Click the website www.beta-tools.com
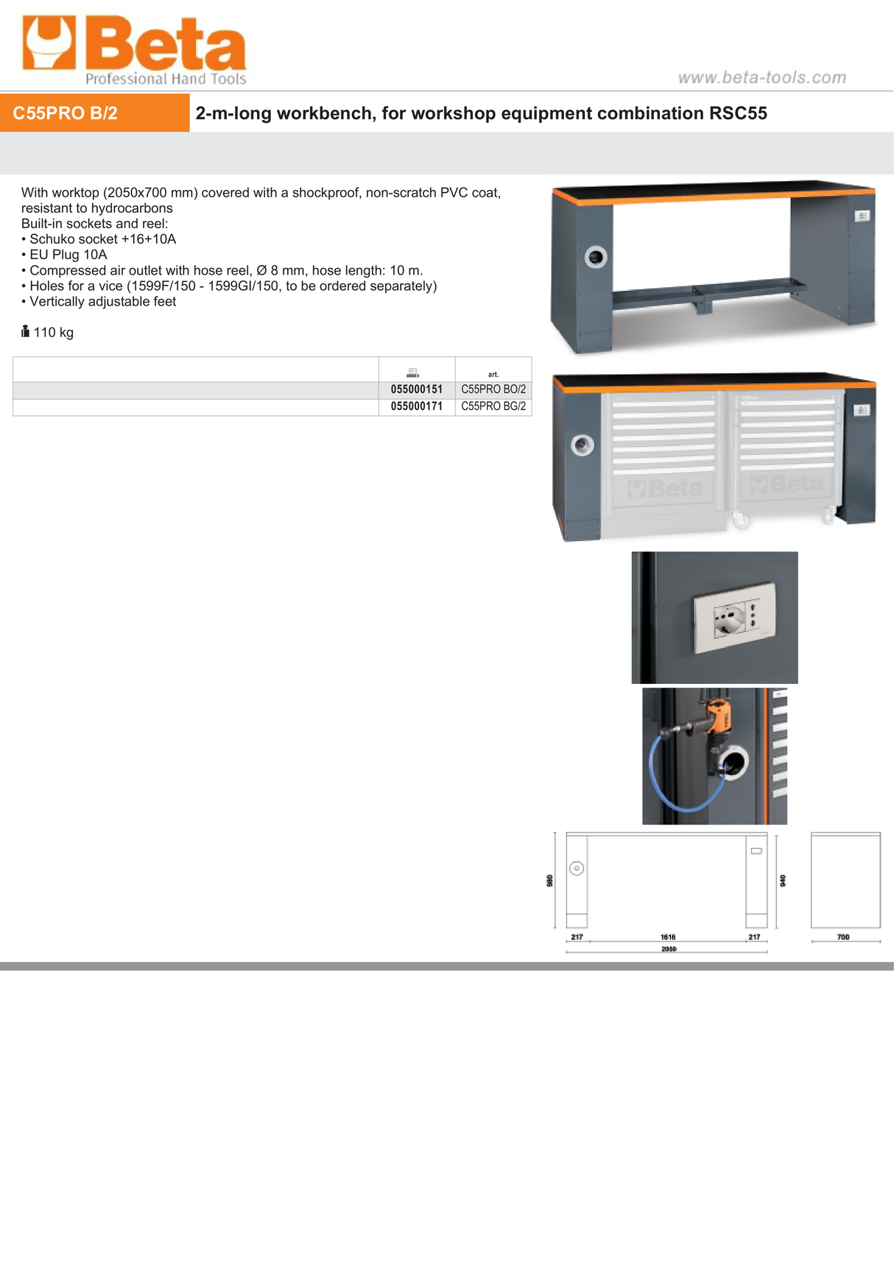(761, 77)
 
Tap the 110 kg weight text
(53, 332)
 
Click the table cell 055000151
(417, 389)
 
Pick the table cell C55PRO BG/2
(493, 406)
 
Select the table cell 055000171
(417, 406)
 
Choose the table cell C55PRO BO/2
(493, 389)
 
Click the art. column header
(493, 374)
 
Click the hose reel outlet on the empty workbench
(596, 257)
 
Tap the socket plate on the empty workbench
(862, 216)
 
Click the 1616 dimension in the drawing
(668, 937)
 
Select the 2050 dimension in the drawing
(668, 949)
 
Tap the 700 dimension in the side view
(843, 937)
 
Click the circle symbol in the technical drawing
(577, 869)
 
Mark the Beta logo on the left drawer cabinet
(666, 487)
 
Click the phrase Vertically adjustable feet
(102, 302)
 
